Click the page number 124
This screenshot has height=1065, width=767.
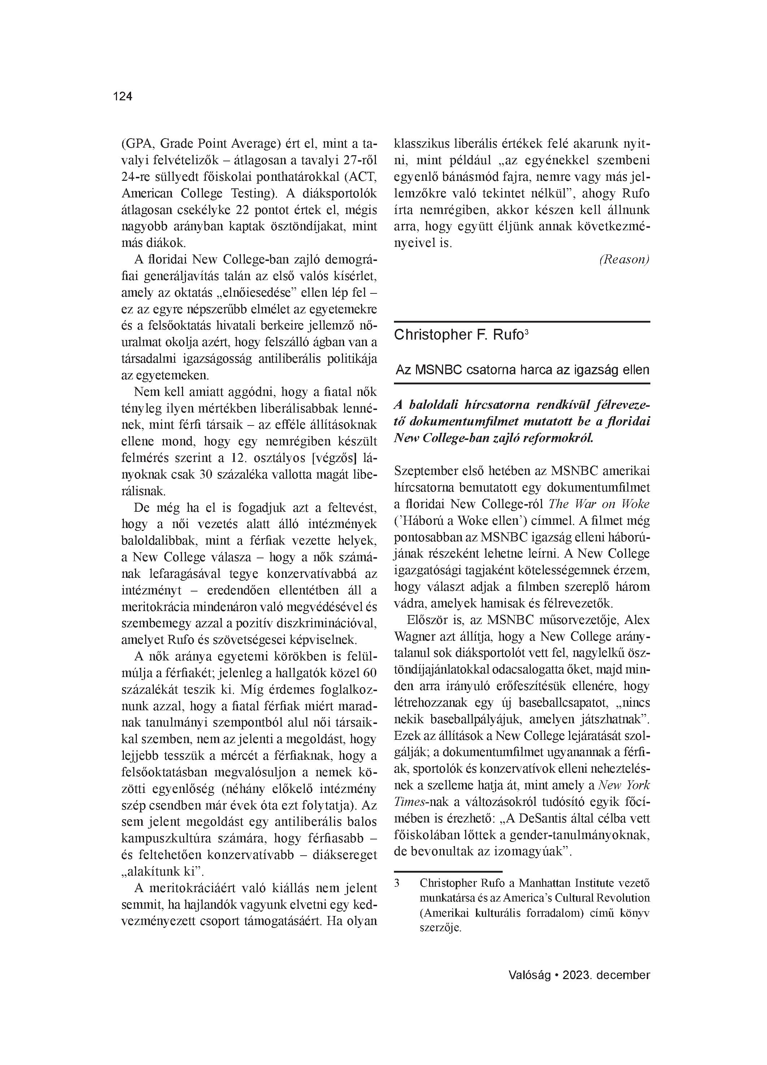[x=123, y=97]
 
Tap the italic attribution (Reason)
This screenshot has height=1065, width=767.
[x=624, y=260]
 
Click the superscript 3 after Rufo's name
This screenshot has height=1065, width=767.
[x=527, y=331]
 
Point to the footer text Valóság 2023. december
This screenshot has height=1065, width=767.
[x=579, y=975]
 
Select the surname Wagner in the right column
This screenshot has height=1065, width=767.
[x=415, y=637]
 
